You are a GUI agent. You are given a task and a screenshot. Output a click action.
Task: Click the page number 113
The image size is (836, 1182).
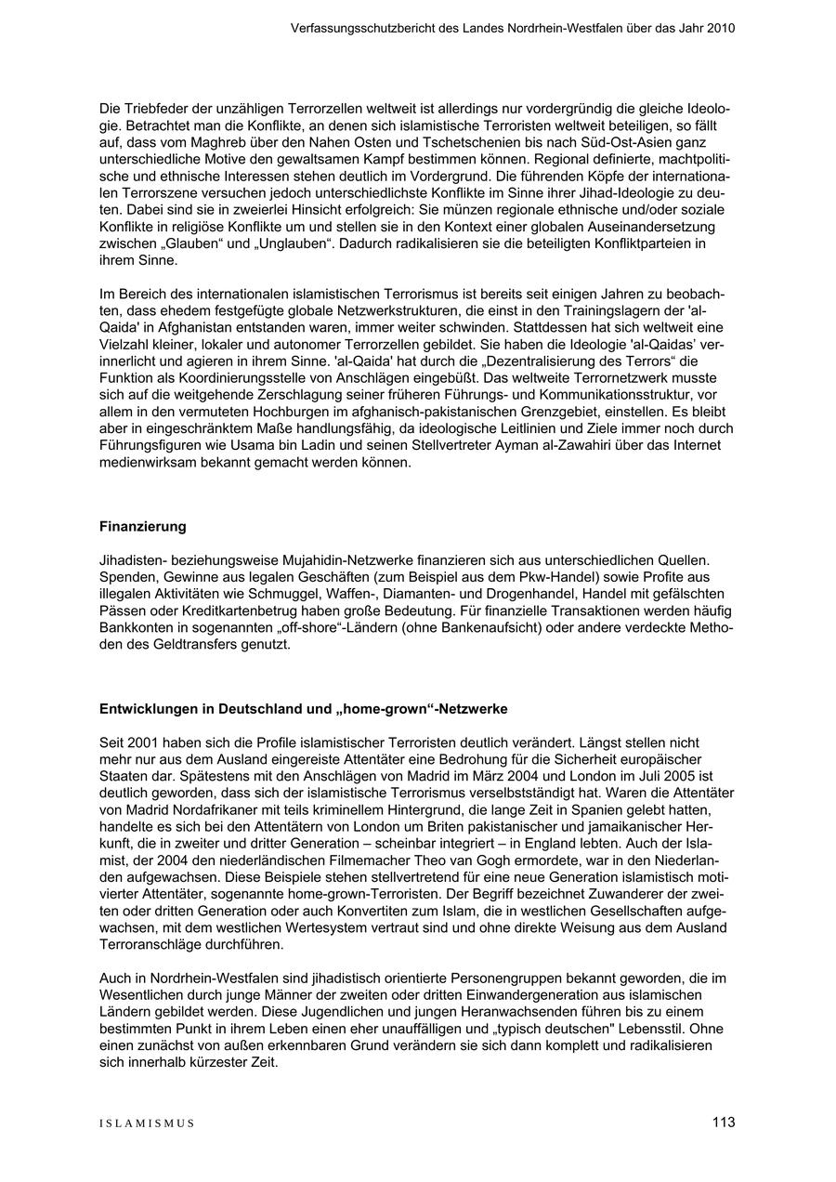[x=724, y=1123]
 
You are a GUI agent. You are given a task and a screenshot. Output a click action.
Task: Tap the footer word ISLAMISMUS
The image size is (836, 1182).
[x=147, y=1123]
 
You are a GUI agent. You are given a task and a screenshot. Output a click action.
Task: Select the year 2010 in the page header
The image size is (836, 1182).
[x=720, y=28]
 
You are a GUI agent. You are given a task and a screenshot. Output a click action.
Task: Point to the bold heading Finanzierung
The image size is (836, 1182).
[x=143, y=527]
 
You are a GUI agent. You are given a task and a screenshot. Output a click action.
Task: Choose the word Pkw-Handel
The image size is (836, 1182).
[x=566, y=578]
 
